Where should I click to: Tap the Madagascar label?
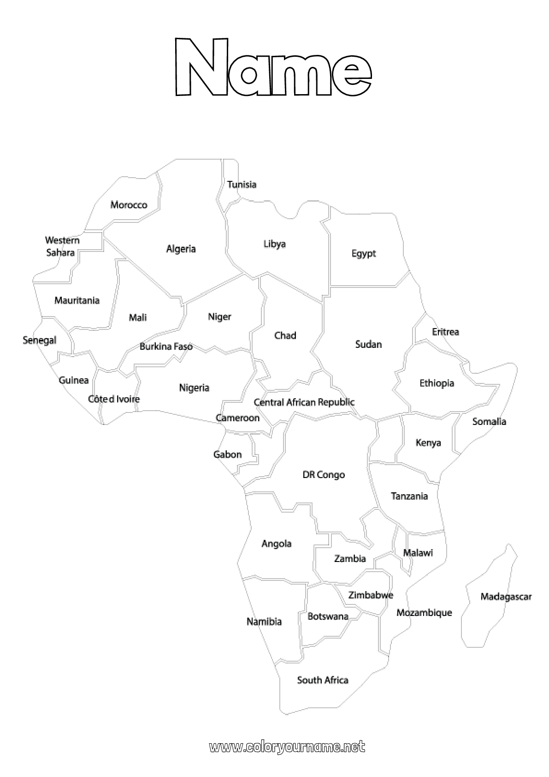[x=506, y=597]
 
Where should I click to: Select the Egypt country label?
[x=364, y=253]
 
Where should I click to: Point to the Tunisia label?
[x=242, y=185]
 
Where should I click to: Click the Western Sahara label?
[x=62, y=246]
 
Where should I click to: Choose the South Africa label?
[x=323, y=680]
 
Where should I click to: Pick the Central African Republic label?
[x=304, y=402]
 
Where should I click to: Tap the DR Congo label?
[x=324, y=474]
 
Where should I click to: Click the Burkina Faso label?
[x=166, y=346]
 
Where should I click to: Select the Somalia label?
[x=489, y=421]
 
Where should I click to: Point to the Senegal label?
[x=40, y=340]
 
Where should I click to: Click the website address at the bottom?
[x=287, y=747]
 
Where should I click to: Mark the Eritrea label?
[x=445, y=332]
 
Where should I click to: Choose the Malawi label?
[x=418, y=552]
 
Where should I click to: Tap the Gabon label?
[x=227, y=454]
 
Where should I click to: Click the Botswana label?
[x=328, y=616]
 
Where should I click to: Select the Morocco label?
[x=129, y=205]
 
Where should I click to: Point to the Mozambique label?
[x=424, y=613]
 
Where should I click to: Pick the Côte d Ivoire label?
[x=114, y=399]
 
